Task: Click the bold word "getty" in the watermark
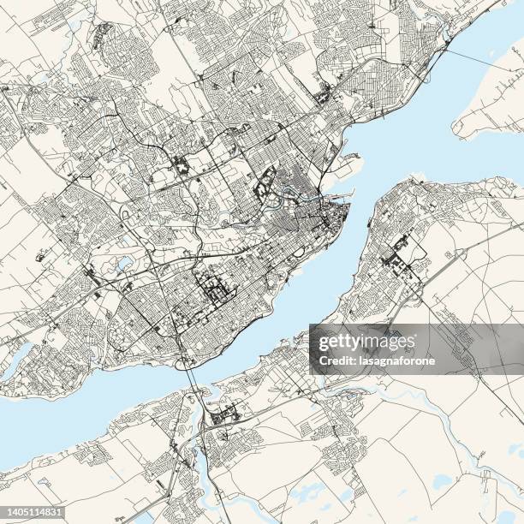[x=343, y=342]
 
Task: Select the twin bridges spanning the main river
[x=193, y=377]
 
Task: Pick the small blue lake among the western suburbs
[x=125, y=263]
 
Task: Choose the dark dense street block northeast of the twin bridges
[x=215, y=292]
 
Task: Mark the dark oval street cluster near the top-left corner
[x=102, y=35]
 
